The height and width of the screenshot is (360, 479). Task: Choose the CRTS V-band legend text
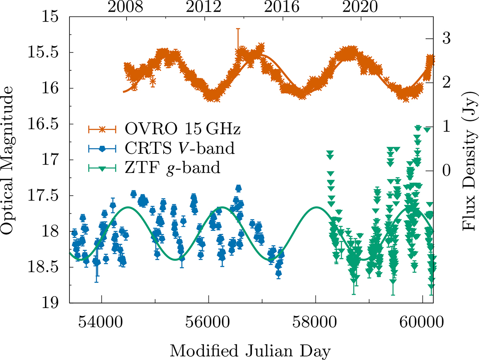[x=180, y=149]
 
